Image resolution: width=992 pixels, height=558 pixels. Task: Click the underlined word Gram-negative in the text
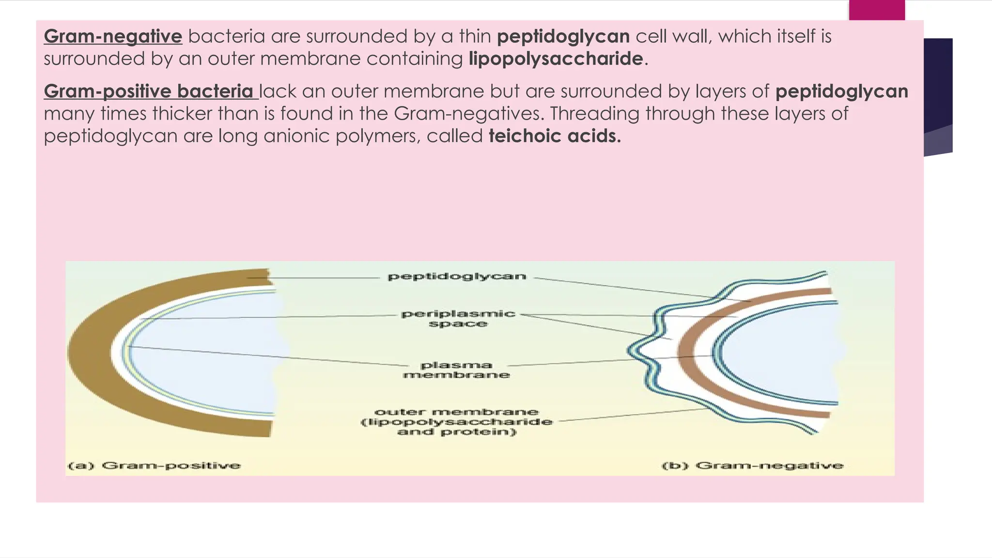[113, 36]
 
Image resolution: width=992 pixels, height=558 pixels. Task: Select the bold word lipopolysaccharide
[556, 59]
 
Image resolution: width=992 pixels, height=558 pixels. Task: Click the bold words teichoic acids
[555, 136]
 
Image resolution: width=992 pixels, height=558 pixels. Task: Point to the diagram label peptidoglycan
[457, 277]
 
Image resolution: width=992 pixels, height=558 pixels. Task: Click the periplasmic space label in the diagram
[458, 319]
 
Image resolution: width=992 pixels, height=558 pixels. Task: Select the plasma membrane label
[456, 370]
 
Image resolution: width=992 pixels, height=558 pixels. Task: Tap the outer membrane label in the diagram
[457, 421]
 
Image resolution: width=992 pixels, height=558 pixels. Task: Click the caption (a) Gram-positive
[155, 465]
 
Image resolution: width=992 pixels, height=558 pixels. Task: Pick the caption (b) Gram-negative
[753, 465]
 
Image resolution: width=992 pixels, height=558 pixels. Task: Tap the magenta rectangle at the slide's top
[877, 10]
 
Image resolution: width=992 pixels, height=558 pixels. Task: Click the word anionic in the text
[295, 136]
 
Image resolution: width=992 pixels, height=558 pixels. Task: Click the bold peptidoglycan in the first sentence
[563, 36]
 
